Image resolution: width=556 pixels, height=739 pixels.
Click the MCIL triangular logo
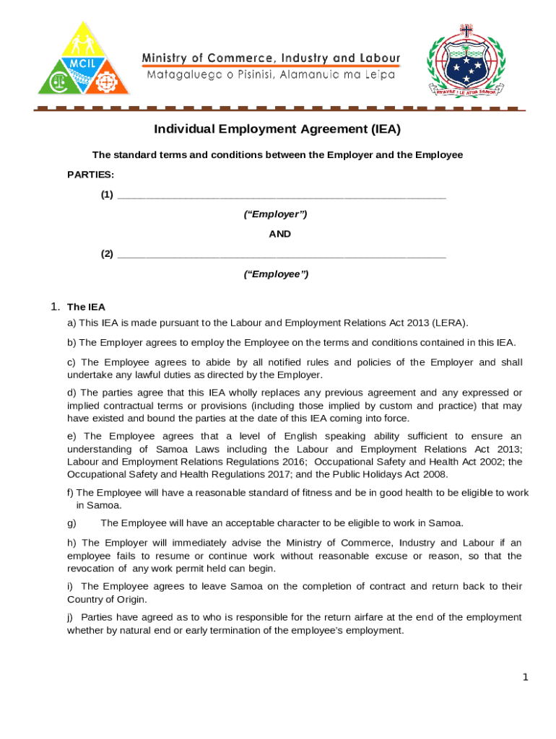coord(84,59)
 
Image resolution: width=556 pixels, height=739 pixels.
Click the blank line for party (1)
coord(282,196)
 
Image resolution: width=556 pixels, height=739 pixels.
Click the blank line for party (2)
coord(282,255)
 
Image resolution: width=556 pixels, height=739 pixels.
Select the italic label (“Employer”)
coord(276,214)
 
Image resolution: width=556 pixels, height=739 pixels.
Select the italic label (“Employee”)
coord(276,274)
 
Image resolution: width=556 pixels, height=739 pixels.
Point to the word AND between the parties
coord(279,234)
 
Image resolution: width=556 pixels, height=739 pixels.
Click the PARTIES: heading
coord(90,175)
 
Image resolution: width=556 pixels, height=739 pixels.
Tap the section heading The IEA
coord(86,307)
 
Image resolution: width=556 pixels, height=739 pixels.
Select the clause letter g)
coord(72,522)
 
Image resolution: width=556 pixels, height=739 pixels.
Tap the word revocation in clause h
coord(90,569)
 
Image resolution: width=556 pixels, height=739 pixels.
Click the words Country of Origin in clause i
coord(106,600)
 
